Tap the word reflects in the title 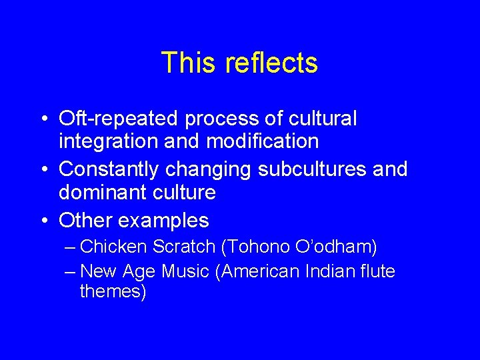[271, 63]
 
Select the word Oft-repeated [119, 119]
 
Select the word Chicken [113, 247]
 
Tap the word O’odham [339, 247]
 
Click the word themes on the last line [112, 291]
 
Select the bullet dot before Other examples [42, 220]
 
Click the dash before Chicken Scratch [71, 247]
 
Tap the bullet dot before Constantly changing [42, 169]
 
